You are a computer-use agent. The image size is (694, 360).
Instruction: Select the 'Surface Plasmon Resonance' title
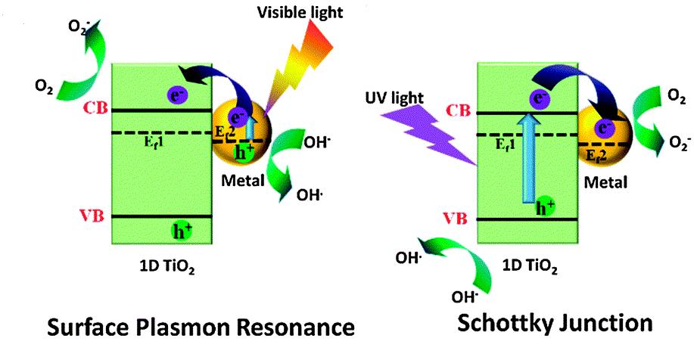click(x=201, y=327)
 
